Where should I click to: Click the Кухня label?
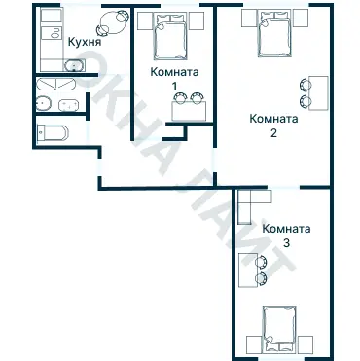coord(85,43)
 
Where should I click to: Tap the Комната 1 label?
coord(174,79)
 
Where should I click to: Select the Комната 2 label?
coord(273,126)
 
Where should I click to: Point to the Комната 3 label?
coord(286,235)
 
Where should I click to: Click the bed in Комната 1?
coord(171,36)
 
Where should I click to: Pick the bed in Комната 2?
coord(274,33)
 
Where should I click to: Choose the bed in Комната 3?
coord(279,329)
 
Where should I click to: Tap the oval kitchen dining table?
coord(113,22)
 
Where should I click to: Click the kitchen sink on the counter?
coord(75,66)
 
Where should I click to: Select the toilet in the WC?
coord(53,132)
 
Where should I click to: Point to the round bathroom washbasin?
coord(44,103)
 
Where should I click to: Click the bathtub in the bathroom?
coord(55,85)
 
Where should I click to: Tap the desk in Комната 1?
coord(190,111)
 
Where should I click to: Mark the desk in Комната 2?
coord(318,93)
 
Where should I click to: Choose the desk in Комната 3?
coord(248,271)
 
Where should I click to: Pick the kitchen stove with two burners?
coord(52,33)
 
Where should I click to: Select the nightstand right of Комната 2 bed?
coord(301,18)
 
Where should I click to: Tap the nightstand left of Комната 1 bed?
coord(145,21)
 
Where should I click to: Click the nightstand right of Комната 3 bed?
coord(306,344)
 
